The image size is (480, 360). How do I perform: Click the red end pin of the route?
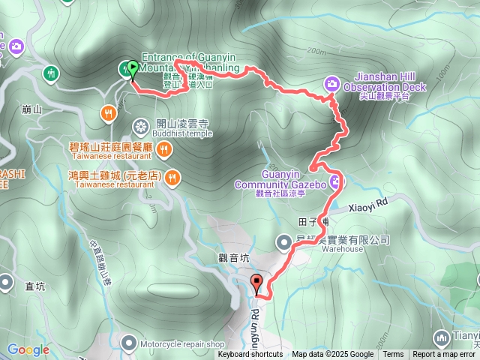[257, 284]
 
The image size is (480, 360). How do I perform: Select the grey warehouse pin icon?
[284, 241]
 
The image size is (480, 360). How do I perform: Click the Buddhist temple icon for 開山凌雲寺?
[139, 124]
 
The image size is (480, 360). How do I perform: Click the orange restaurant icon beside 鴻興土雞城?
[172, 177]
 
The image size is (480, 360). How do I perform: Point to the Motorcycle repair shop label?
[181, 344]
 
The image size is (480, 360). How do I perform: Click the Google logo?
[28, 349]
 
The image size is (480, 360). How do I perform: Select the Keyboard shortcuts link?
[250, 355]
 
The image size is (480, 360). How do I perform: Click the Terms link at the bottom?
[393, 355]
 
